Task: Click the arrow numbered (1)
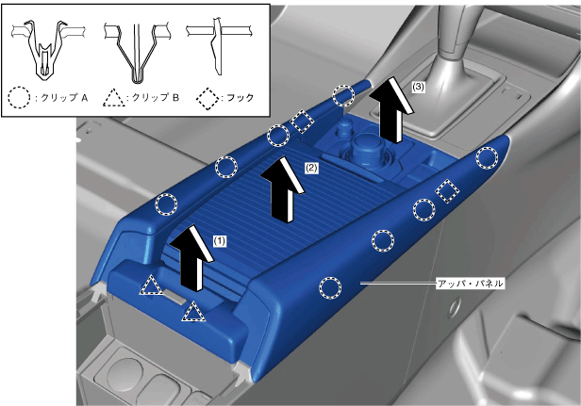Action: click(191, 259)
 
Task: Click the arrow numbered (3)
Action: click(391, 110)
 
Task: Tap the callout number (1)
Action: click(219, 241)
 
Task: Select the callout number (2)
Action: click(311, 168)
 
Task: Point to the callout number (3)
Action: click(418, 87)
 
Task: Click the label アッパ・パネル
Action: click(471, 284)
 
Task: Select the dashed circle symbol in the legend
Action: click(19, 98)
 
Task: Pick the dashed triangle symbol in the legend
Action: click(114, 99)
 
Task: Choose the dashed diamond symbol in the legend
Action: click(207, 99)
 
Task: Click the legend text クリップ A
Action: click(64, 98)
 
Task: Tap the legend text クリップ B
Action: click(156, 98)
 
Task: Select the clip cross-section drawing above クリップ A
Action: click(46, 50)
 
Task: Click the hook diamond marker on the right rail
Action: click(447, 190)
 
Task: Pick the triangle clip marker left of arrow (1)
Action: click(151, 286)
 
